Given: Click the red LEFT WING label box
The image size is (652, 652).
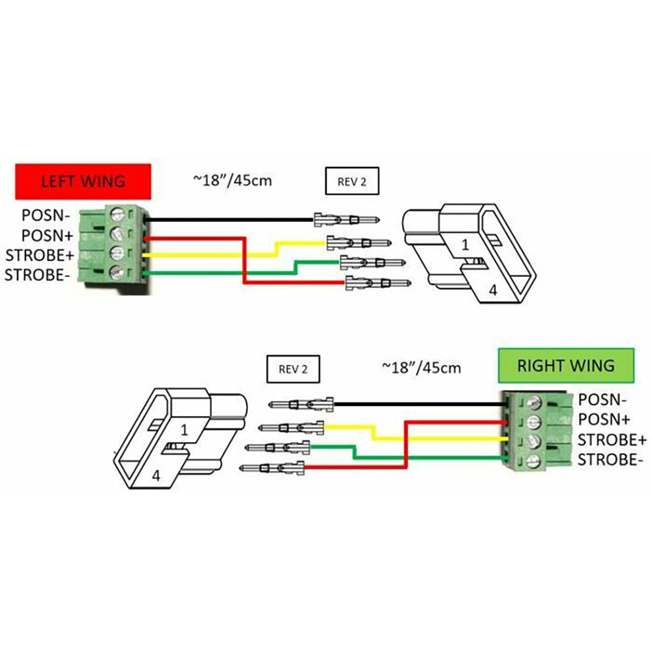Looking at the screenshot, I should point(83,181).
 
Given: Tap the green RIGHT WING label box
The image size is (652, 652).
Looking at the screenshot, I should point(565,364).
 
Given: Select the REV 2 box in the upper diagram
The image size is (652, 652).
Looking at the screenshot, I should point(352,181).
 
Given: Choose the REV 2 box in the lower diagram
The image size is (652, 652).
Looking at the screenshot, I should point(293,369).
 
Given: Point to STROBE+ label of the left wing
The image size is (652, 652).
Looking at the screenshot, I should point(40,254).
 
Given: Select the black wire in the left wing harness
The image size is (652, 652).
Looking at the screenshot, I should point(228,220).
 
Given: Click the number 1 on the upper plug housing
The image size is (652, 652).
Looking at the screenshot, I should point(466,245).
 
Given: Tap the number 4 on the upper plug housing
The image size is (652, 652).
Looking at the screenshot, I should point(493,291).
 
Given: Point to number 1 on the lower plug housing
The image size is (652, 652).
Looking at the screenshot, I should point(185,430).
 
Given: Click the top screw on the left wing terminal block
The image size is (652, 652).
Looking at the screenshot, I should point(118,213).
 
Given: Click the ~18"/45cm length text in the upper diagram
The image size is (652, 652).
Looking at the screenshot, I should point(232,179).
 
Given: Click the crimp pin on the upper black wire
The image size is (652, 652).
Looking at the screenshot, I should point(347,219).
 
